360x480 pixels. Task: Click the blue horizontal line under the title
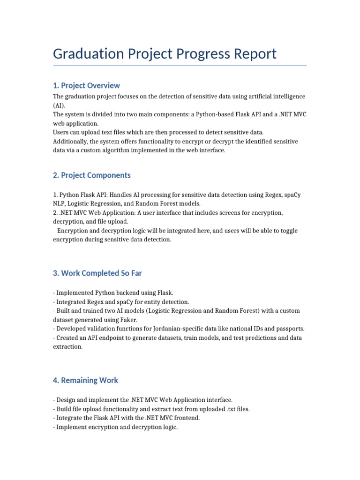(180, 66)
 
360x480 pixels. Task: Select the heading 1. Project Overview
(86, 85)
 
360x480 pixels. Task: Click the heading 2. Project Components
(92, 175)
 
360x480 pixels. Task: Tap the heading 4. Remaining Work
(86, 380)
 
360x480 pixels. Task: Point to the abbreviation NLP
(60, 204)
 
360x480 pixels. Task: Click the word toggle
(287, 231)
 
